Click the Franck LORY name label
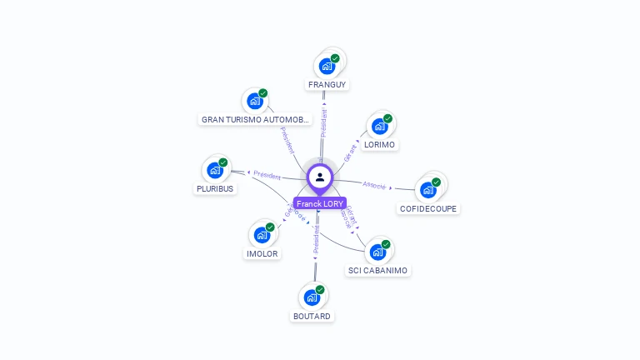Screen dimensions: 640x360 (320, 203)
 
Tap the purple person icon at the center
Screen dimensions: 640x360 (320, 177)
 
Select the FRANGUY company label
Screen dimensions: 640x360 (327, 84)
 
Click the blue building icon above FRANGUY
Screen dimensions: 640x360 (327, 66)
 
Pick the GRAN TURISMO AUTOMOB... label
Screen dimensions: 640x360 (255, 119)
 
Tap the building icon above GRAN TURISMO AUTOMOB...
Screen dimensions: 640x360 (255, 101)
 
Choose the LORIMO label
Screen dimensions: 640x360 (380, 144)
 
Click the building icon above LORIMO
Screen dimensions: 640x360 (380, 127)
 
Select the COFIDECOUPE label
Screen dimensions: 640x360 (427, 208)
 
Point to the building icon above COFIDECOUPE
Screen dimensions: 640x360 (428, 190)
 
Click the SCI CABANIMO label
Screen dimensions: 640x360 (378, 270)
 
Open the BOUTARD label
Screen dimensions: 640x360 (312, 316)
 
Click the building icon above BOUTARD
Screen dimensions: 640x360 (312, 297)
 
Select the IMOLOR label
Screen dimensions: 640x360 (262, 253)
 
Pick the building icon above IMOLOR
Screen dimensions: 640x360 (262, 235)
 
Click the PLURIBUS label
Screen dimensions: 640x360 (215, 188)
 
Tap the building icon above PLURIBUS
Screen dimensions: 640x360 (215, 171)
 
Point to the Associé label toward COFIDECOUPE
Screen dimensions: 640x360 (374, 184)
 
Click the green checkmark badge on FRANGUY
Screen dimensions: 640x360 (335, 58)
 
